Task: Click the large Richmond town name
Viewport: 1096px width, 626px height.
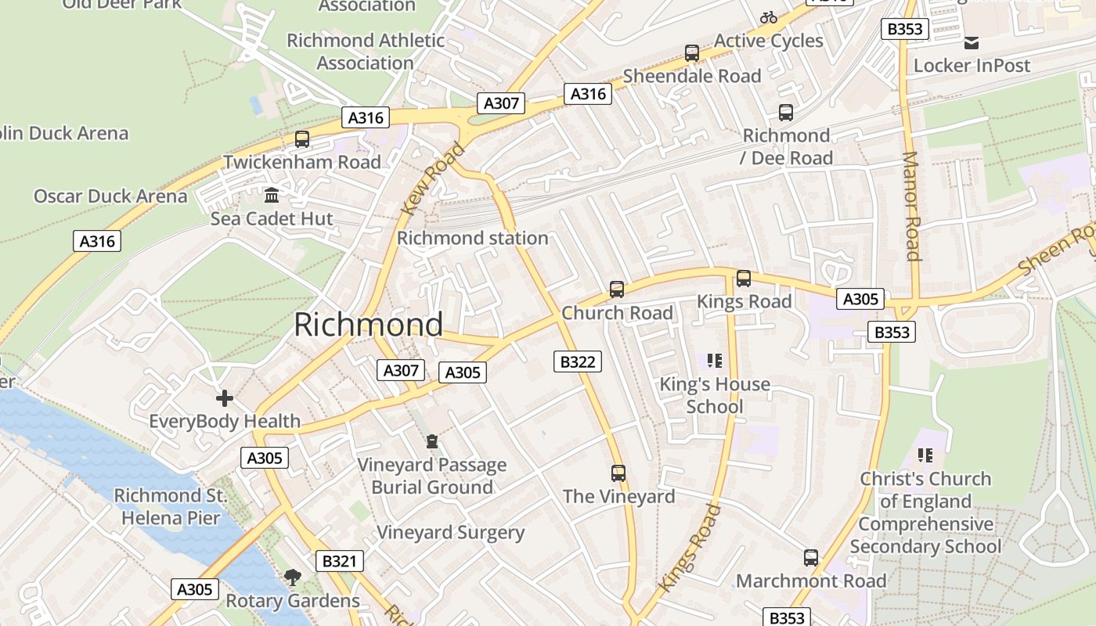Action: (368, 325)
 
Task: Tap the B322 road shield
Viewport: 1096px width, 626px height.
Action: (579, 362)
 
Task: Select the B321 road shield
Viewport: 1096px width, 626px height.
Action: (339, 561)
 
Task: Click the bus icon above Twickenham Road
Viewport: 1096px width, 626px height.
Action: (301, 139)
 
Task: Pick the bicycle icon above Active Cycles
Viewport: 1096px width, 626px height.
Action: (769, 17)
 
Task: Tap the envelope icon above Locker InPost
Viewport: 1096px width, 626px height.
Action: (972, 43)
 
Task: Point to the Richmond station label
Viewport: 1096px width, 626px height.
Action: (473, 238)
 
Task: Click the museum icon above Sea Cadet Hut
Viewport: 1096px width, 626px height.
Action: (272, 195)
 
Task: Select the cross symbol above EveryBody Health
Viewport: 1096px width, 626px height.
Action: (225, 398)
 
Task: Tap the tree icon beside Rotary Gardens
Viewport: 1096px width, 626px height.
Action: (292, 577)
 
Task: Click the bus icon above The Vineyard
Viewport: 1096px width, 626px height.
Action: (618, 473)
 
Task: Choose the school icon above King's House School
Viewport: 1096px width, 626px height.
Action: (714, 361)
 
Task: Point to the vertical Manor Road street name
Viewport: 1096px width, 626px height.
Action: (911, 206)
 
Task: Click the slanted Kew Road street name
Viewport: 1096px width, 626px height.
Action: (433, 179)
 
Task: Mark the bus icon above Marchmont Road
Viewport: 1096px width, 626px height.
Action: (811, 558)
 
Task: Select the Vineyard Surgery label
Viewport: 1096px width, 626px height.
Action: (450, 533)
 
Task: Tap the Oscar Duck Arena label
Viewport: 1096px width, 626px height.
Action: (110, 196)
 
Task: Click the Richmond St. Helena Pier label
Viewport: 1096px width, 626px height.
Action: (171, 506)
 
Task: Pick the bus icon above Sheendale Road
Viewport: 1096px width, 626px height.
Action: (692, 53)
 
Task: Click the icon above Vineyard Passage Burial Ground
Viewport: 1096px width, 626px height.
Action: (431, 442)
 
